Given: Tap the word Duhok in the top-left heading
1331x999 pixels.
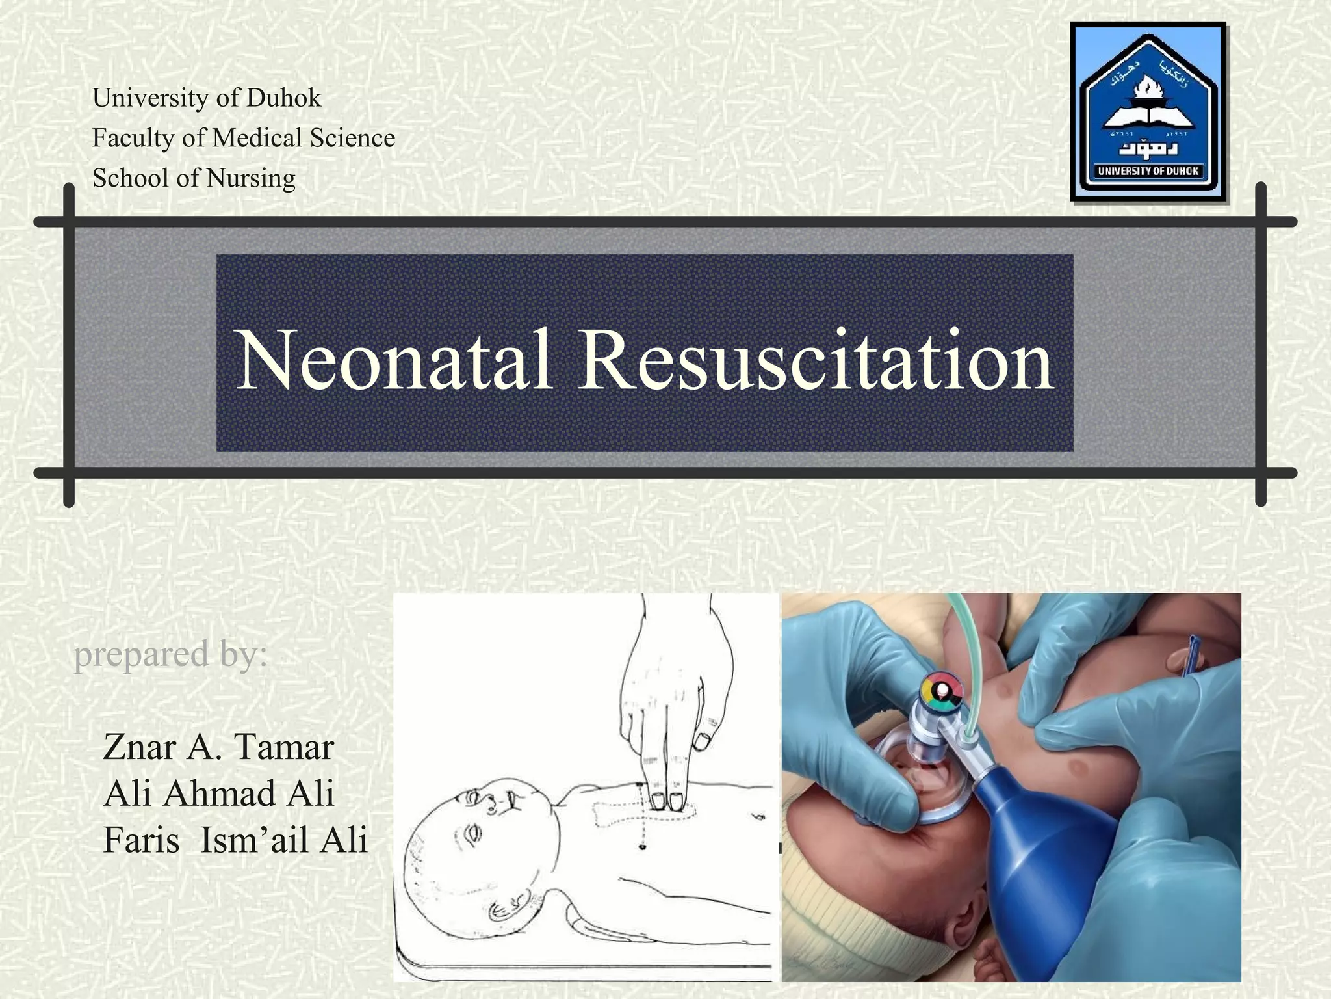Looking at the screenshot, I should tap(284, 98).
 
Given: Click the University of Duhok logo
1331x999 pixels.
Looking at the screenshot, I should tap(1148, 112).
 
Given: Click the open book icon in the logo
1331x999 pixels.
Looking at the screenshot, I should tap(1149, 117).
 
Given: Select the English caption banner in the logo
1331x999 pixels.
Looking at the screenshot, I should tap(1148, 171).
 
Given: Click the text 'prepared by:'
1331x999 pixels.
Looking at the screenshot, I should tap(170, 654).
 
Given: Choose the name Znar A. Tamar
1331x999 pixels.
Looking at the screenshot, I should tap(218, 747).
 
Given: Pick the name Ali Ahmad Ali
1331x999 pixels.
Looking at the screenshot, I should tap(218, 793).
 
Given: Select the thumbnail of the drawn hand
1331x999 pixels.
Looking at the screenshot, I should tap(701, 740).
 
